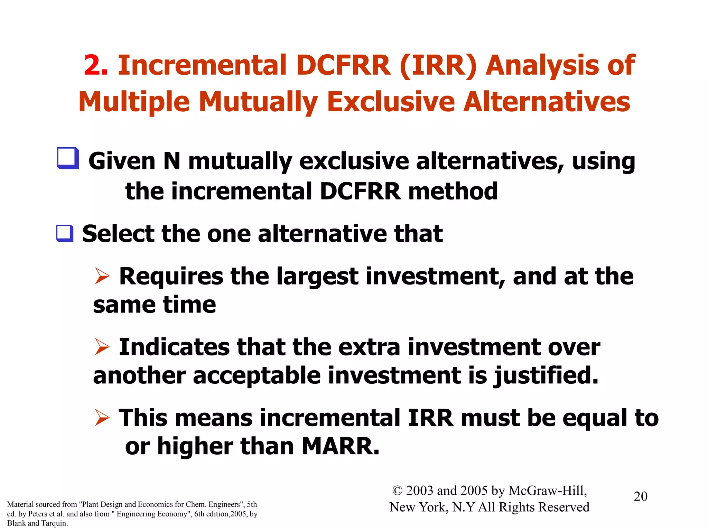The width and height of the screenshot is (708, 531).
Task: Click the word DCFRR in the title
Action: pyautogui.click(x=343, y=65)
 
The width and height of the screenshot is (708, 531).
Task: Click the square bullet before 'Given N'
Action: pyautogui.click(x=68, y=158)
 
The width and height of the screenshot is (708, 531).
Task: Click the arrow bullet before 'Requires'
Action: pyautogui.click(x=102, y=277)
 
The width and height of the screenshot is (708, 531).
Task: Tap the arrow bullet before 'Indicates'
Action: pyautogui.click(x=102, y=347)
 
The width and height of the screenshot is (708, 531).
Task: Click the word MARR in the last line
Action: pyautogui.click(x=341, y=446)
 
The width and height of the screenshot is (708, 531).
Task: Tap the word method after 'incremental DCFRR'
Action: pyautogui.click(x=453, y=191)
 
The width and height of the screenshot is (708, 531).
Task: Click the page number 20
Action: pyautogui.click(x=640, y=496)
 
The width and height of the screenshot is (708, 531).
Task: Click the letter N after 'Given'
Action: pyautogui.click(x=172, y=161)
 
